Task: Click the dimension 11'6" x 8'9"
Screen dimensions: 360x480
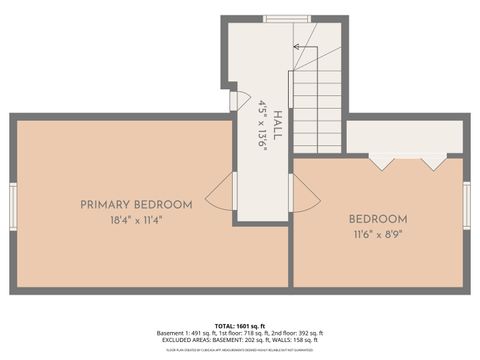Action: click(x=378, y=237)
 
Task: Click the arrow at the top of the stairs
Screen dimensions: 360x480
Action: click(x=297, y=47)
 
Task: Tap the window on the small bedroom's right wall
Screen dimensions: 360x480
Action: click(x=467, y=205)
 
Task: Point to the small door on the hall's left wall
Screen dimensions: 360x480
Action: click(x=233, y=100)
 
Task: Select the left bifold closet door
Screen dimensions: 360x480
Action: click(x=381, y=160)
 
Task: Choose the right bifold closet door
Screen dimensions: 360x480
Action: click(x=433, y=160)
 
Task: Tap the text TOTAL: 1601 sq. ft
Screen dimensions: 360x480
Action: click(x=240, y=325)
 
